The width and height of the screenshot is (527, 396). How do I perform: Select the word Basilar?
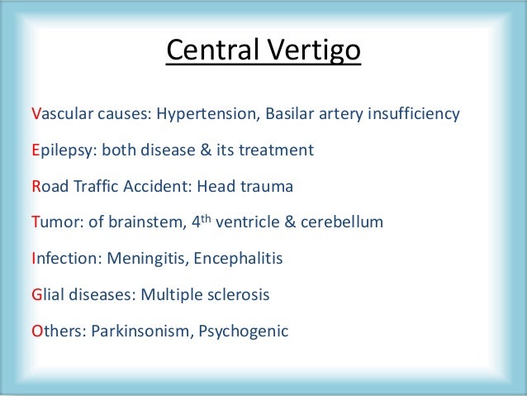coord(291,114)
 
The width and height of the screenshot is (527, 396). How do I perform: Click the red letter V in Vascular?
coord(36,114)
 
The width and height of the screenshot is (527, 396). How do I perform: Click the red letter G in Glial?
coord(36,295)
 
